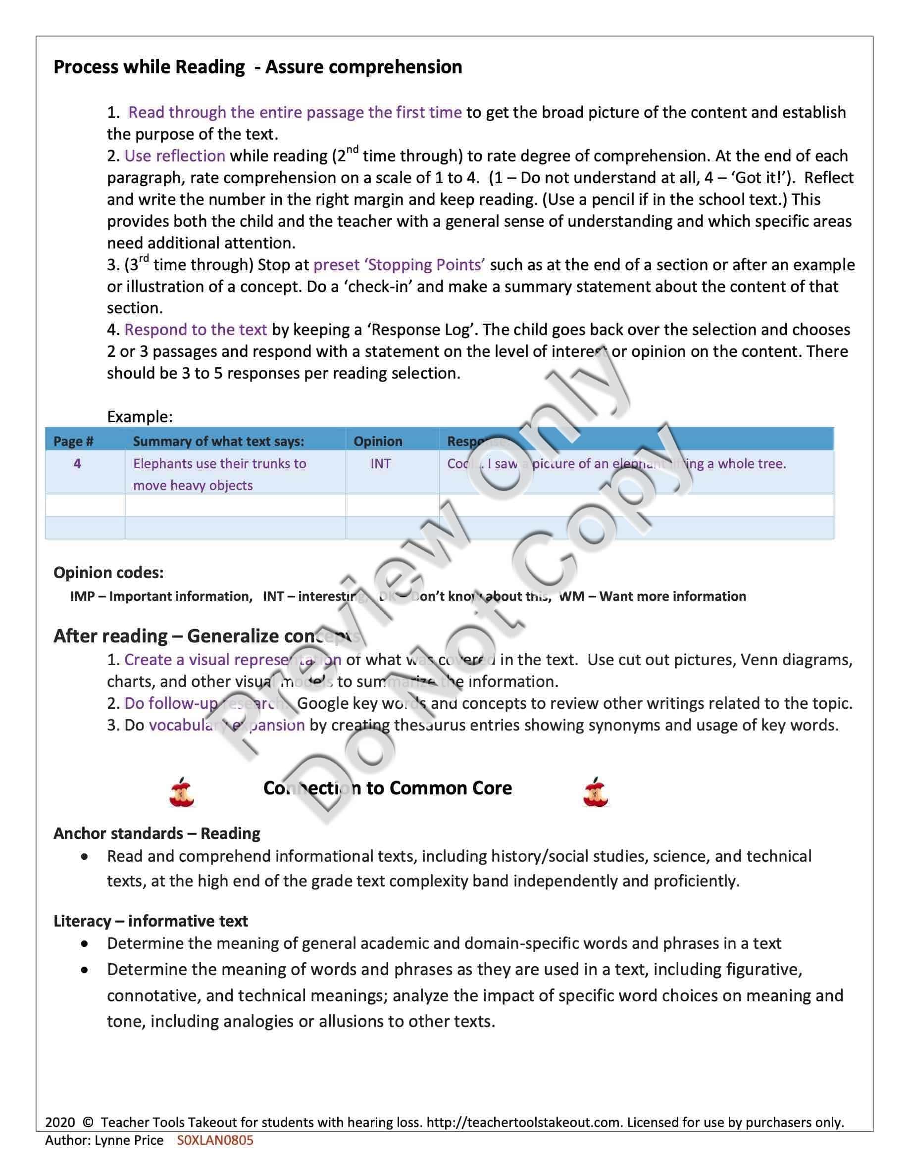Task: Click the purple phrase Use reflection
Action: pyautogui.click(x=174, y=156)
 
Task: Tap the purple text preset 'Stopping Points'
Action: pyautogui.click(x=399, y=265)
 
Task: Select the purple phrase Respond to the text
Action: pyautogui.click(x=196, y=330)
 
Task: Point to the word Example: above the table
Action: pyautogui.click(x=140, y=416)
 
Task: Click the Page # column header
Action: pyautogui.click(x=73, y=441)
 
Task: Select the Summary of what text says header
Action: pyautogui.click(x=218, y=441)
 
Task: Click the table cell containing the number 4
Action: pyautogui.click(x=77, y=464)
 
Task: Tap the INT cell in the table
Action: pyautogui.click(x=380, y=464)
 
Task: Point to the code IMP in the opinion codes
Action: pyautogui.click(x=82, y=596)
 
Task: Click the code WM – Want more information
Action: pyautogui.click(x=653, y=596)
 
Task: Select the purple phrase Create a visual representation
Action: pyautogui.click(x=232, y=660)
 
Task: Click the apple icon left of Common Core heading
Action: pyautogui.click(x=182, y=792)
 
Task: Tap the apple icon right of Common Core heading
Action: pyautogui.click(x=595, y=792)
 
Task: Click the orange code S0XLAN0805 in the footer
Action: pyautogui.click(x=215, y=1140)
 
